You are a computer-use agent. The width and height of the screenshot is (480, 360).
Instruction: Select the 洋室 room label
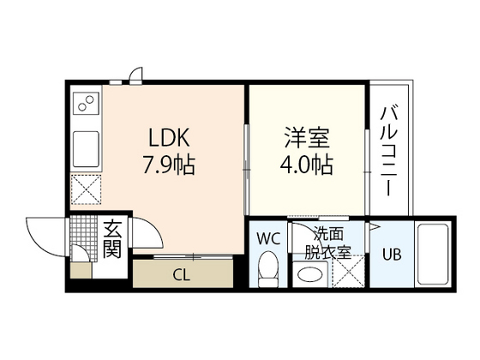coord(307,137)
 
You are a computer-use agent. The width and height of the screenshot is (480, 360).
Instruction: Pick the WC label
coord(269,237)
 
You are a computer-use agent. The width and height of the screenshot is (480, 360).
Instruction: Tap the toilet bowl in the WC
coord(269,267)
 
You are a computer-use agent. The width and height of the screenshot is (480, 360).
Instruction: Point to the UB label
coord(391,255)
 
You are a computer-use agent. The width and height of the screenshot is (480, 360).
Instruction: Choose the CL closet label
coord(181,275)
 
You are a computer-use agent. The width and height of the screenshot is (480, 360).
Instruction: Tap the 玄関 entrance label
coord(112,239)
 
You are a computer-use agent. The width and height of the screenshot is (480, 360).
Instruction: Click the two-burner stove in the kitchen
coord(86,105)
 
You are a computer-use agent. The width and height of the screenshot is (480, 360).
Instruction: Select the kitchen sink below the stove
coord(87,150)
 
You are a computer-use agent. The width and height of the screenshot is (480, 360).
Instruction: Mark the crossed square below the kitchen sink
coord(87,189)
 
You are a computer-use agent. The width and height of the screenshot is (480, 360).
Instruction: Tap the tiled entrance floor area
coord(85,231)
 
